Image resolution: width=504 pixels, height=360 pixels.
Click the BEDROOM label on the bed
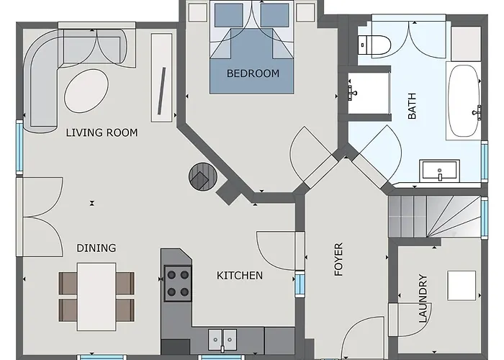(253, 73)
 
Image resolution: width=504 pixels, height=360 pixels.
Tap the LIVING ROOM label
(102, 132)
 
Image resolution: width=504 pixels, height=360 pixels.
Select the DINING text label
(96, 248)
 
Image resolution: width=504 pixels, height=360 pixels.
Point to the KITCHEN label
(240, 276)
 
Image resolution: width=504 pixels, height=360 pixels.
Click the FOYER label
(338, 259)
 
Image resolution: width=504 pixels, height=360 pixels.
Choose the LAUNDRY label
(423, 298)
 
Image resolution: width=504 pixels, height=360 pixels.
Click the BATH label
(412, 106)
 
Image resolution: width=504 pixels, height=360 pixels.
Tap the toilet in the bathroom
(374, 45)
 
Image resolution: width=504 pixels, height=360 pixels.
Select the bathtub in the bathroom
(463, 101)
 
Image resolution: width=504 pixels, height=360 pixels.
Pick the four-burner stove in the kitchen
(178, 283)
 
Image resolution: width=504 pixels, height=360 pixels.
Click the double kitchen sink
(222, 340)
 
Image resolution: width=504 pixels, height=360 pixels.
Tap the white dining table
(96, 297)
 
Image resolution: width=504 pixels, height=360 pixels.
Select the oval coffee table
(86, 91)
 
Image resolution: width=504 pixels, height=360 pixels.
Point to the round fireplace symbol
(203, 176)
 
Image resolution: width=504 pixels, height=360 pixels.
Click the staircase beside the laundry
(435, 217)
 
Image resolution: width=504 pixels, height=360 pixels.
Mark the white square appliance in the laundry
(462, 285)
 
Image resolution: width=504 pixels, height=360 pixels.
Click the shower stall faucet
(352, 93)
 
